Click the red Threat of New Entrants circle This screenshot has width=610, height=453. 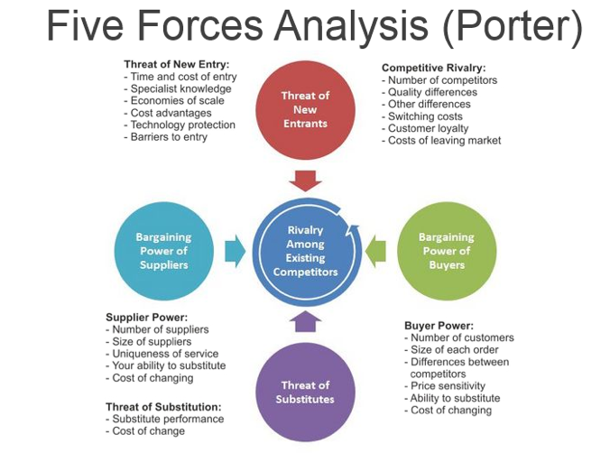(x=305, y=108)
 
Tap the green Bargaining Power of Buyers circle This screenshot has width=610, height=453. (x=446, y=251)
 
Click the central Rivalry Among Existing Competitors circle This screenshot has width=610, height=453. (x=305, y=251)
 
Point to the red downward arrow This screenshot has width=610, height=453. (x=305, y=178)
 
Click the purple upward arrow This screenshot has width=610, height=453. (x=305, y=322)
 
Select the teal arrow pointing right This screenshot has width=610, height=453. (x=234, y=250)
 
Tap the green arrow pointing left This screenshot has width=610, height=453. (x=377, y=250)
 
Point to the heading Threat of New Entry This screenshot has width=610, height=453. (x=177, y=64)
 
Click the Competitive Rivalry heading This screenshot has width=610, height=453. (x=433, y=68)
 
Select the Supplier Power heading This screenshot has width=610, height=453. (x=147, y=317)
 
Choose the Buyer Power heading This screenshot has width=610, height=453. (x=438, y=325)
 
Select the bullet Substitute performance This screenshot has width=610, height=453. (x=168, y=419)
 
